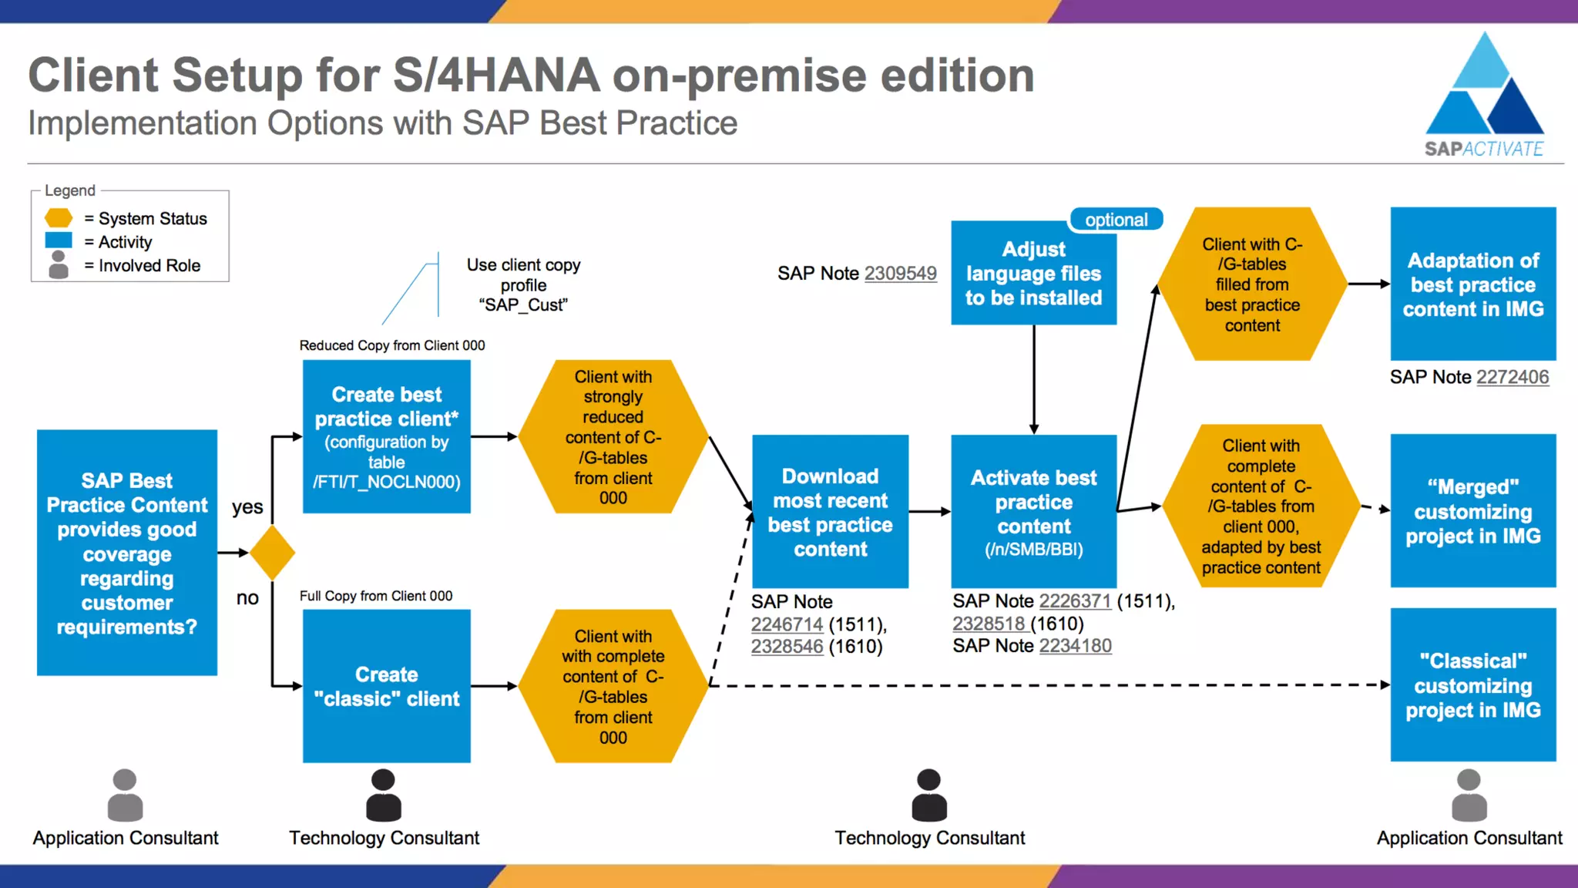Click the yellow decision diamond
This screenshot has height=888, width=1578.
point(272,553)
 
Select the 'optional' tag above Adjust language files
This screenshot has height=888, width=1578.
point(1116,220)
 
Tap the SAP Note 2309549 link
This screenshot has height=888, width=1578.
point(900,274)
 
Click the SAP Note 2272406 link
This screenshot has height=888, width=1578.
point(1512,377)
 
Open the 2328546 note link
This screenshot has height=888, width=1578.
point(787,646)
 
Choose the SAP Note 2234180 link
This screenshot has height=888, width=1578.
point(1075,645)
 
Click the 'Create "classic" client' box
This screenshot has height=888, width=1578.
point(386,686)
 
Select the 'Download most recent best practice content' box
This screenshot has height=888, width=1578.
point(830,512)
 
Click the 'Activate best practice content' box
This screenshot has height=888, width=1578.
point(1033,512)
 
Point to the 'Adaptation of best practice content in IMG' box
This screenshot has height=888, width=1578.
point(1472,284)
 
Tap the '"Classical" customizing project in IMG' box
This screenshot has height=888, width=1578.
point(1472,684)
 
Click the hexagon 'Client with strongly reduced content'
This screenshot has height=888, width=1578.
point(613,436)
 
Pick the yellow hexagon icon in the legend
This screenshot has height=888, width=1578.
point(59,218)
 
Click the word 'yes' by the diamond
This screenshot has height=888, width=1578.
point(247,507)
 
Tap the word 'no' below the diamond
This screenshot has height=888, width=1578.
point(247,598)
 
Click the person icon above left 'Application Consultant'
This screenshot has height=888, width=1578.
point(125,795)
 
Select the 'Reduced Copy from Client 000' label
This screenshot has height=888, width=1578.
point(392,345)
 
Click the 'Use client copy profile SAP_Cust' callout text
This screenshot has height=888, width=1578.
point(523,284)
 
